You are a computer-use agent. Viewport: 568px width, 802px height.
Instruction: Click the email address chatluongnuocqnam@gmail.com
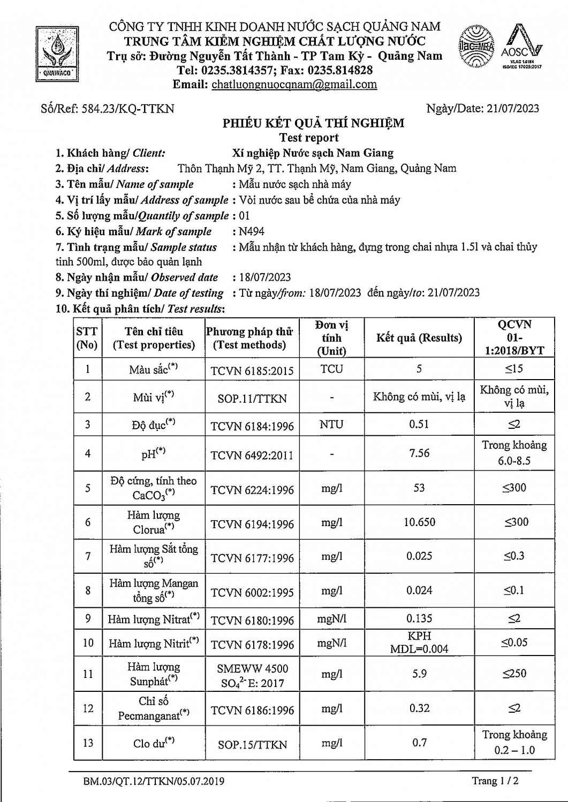click(294, 84)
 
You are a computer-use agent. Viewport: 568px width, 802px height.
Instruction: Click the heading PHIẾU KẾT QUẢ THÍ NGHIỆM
click(313, 124)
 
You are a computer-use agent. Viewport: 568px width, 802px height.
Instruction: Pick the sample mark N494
click(251, 232)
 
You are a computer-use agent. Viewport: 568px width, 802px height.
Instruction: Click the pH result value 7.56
click(419, 453)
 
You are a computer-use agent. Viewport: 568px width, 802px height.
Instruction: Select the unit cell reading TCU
click(331, 369)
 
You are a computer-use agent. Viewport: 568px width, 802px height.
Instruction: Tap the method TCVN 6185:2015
click(252, 370)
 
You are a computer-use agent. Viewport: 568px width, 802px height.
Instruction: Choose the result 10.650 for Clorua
click(419, 522)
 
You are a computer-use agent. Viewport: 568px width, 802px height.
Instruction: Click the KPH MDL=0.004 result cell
click(419, 642)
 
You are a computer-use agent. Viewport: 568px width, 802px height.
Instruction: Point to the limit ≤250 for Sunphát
click(514, 674)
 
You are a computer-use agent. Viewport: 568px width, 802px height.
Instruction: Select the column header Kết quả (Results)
click(419, 338)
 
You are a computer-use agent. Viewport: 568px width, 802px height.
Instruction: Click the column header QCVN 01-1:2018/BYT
click(514, 338)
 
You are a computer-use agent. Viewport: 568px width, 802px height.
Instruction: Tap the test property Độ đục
click(154, 425)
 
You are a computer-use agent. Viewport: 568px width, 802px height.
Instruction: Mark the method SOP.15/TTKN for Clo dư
click(252, 744)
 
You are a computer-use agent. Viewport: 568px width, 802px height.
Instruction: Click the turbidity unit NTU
click(331, 425)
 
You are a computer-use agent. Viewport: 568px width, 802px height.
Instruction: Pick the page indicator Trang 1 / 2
click(495, 781)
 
